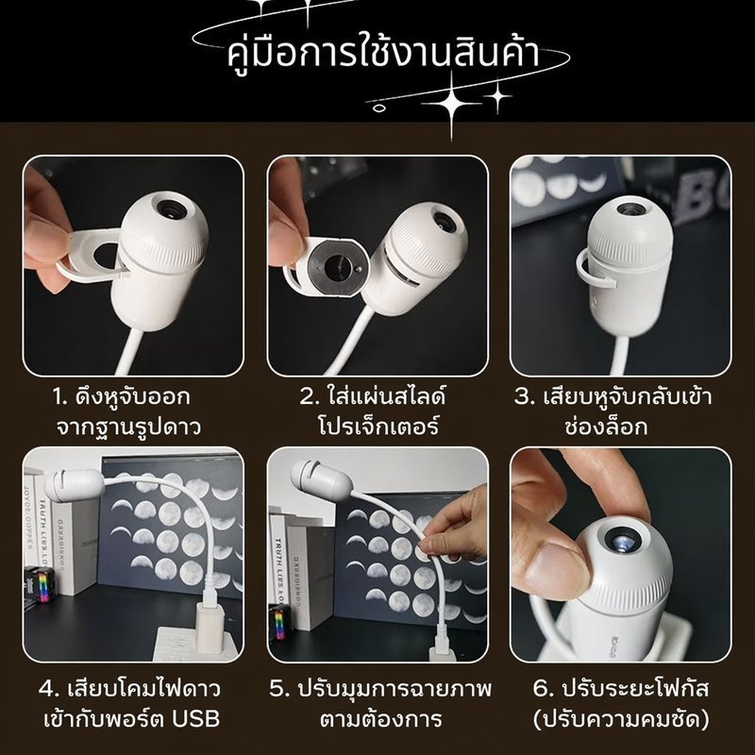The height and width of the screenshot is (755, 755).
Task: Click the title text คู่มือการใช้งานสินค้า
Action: (383, 53)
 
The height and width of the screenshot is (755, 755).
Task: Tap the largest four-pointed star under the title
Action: (451, 104)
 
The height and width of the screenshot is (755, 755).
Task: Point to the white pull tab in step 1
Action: (92, 256)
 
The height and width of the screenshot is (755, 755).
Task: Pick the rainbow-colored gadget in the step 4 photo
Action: (40, 584)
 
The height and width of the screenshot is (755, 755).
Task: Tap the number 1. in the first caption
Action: (60, 397)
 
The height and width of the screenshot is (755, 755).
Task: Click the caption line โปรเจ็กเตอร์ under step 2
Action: (378, 426)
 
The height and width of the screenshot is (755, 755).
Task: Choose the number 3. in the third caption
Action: (525, 397)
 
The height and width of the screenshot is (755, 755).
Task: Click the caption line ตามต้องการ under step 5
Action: (381, 719)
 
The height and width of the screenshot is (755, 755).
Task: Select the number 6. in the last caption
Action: (544, 689)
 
